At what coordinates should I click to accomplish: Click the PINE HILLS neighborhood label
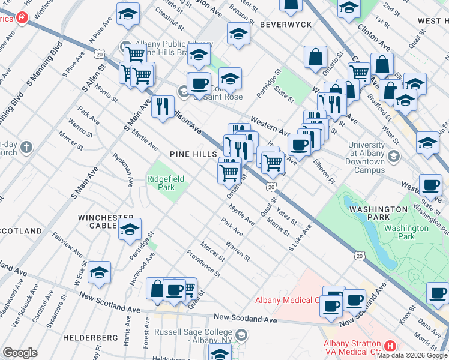click(x=193, y=154)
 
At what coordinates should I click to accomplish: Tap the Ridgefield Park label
click(x=161, y=183)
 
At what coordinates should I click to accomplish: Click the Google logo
click(x=20, y=353)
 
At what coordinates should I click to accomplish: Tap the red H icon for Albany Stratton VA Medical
click(x=390, y=346)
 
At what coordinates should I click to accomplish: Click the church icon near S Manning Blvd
click(x=26, y=147)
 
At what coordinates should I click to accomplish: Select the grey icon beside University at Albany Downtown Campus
click(x=394, y=157)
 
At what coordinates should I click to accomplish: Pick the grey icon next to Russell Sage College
click(x=241, y=334)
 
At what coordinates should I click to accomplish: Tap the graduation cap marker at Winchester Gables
click(x=130, y=229)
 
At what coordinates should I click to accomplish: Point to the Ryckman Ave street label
click(x=122, y=169)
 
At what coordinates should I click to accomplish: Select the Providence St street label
click(x=203, y=263)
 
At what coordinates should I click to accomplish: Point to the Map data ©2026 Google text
click(x=412, y=355)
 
